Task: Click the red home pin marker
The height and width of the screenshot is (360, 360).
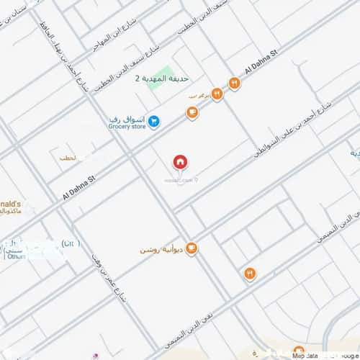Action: pos(179,163)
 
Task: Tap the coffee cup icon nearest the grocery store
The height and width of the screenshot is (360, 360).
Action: pos(192,112)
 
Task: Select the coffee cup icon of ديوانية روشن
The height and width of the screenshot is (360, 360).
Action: pos(192,249)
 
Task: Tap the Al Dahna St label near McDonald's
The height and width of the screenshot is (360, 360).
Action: pos(79,184)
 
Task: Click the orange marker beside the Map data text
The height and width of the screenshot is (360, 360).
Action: pos(299,351)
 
